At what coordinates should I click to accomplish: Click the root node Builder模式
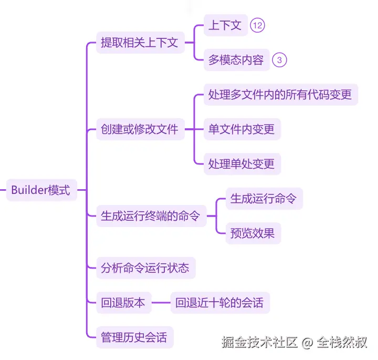click(41, 190)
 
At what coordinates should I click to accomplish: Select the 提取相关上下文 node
click(140, 43)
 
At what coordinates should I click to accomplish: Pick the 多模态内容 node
click(236, 60)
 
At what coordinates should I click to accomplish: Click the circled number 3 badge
click(279, 60)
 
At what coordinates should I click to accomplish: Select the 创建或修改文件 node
click(140, 129)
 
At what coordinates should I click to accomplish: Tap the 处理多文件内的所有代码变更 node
click(280, 95)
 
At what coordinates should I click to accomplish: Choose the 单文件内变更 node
click(241, 129)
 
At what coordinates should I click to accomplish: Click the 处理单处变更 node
click(241, 164)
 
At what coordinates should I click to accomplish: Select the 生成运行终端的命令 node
click(151, 216)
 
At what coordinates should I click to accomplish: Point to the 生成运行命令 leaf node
click(264, 199)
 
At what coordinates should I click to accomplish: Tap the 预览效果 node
click(253, 233)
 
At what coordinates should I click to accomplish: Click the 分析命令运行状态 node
click(145, 268)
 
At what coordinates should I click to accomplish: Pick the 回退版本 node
click(123, 303)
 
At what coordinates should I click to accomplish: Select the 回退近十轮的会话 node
click(219, 303)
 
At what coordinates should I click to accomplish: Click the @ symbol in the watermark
click(307, 343)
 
